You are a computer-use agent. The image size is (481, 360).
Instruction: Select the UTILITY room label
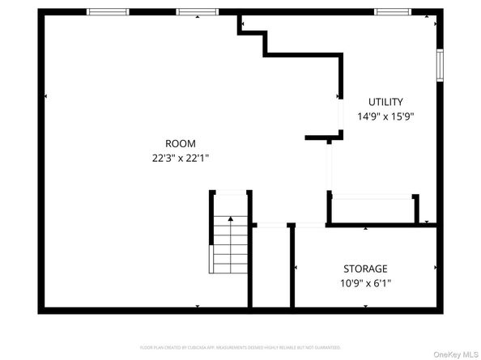click(385, 102)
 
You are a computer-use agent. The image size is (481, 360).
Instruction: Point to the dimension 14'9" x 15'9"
click(385, 116)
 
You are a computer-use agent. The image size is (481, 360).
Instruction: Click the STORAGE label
click(365, 269)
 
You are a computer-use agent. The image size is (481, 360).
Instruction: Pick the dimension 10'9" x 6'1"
click(365, 282)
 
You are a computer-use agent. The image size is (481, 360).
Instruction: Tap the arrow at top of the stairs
click(231, 218)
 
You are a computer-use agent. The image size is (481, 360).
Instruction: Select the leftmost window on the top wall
click(108, 11)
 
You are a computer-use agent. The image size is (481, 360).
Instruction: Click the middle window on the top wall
click(198, 11)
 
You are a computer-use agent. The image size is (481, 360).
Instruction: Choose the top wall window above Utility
click(394, 11)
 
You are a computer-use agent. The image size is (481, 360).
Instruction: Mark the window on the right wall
click(441, 64)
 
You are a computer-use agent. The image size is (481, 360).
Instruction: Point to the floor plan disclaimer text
click(240, 346)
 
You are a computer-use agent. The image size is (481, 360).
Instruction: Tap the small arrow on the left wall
click(45, 96)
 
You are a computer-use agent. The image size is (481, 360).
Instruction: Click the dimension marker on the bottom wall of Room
click(198, 305)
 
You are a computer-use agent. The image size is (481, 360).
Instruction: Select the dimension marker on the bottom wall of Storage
click(366, 305)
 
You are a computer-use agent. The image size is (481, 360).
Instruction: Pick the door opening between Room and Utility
click(330, 166)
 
